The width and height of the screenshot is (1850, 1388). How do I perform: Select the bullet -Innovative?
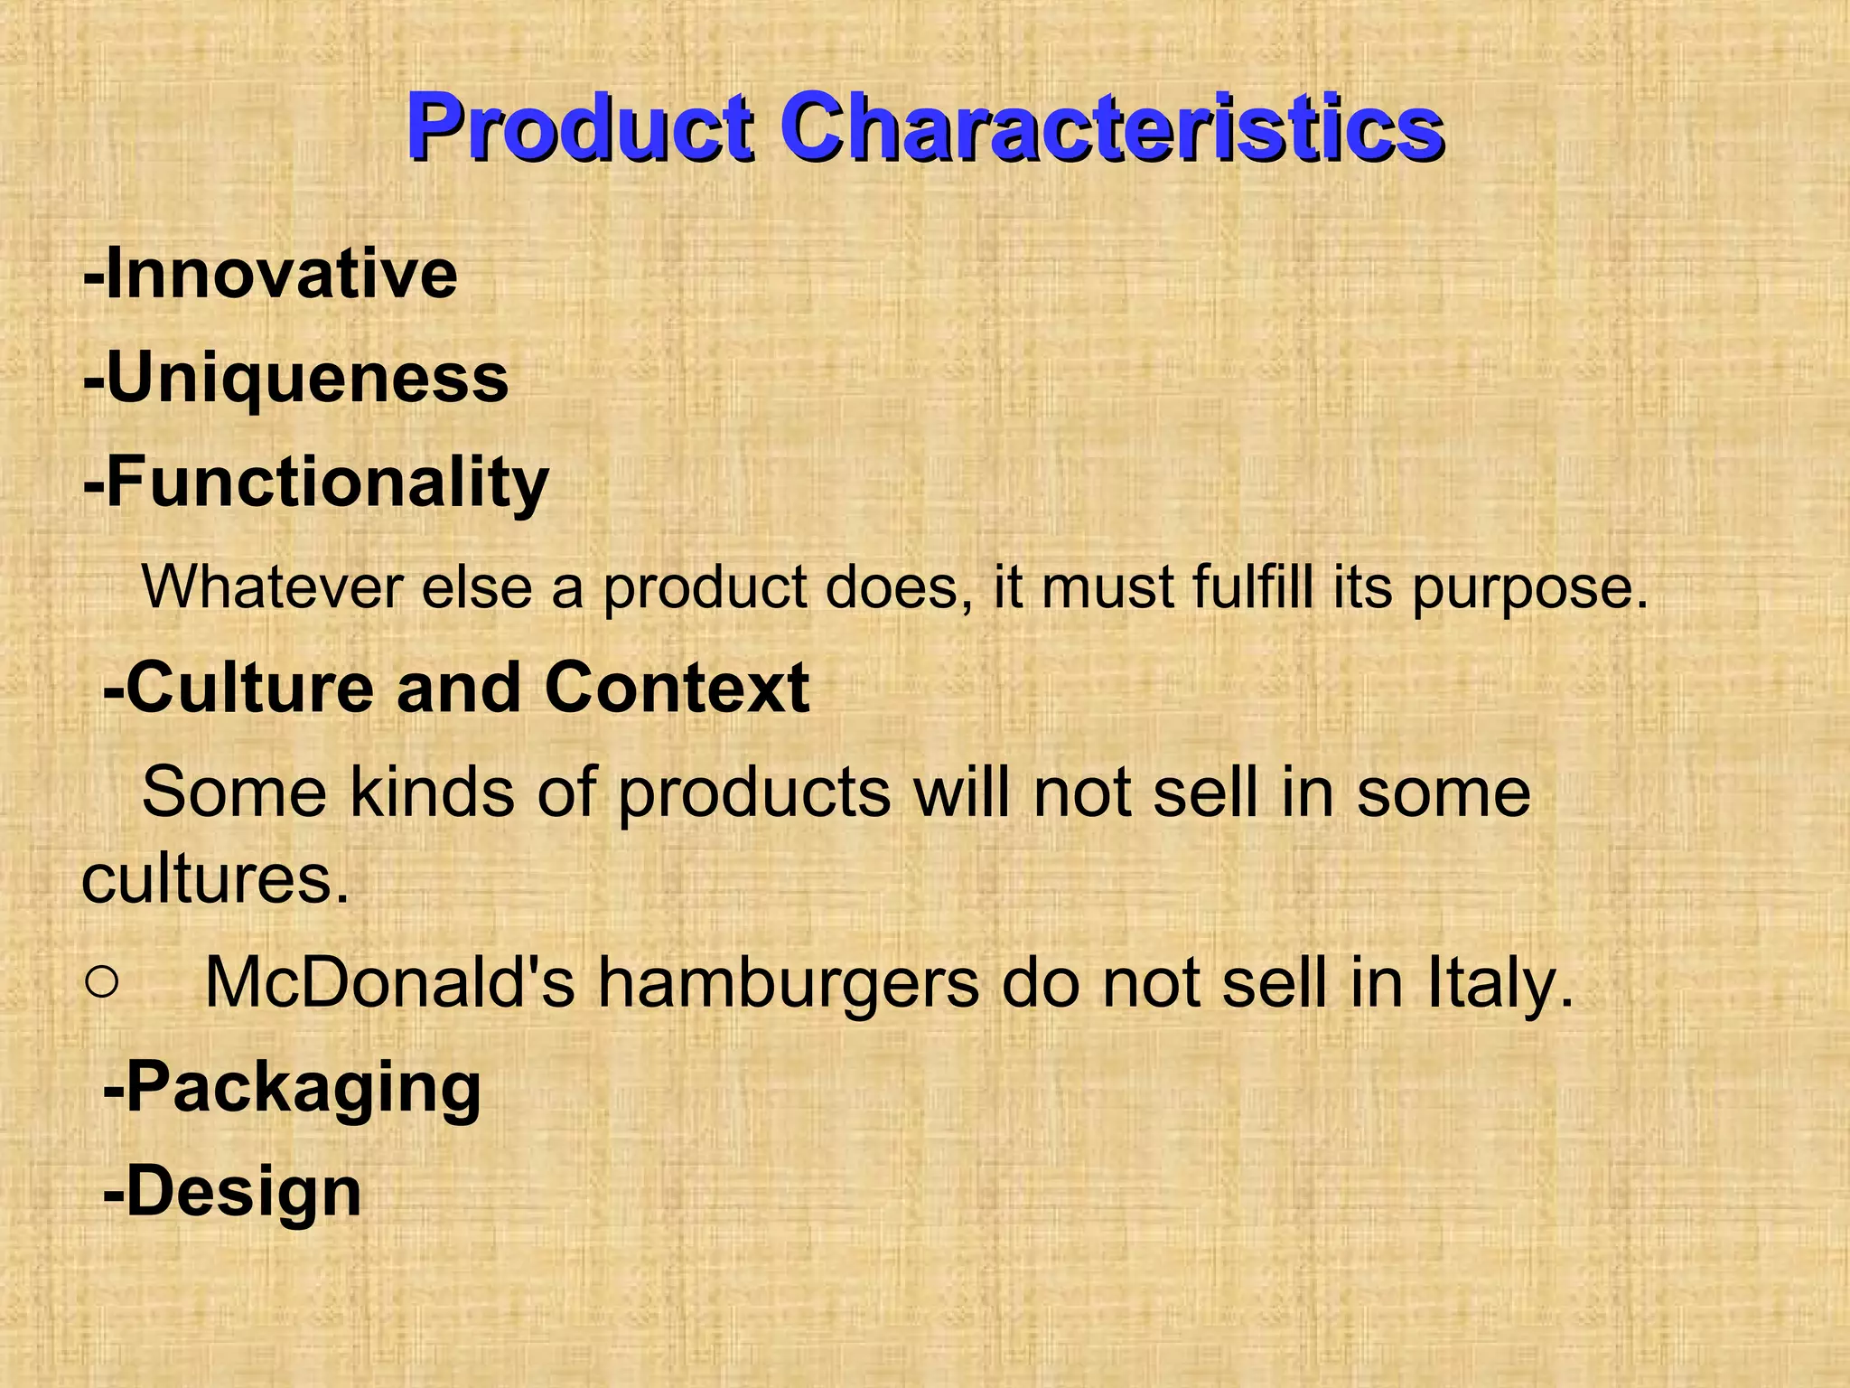click(270, 273)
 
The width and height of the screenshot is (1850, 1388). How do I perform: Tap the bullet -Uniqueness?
click(295, 379)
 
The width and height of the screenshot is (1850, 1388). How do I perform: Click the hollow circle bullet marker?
click(102, 983)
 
